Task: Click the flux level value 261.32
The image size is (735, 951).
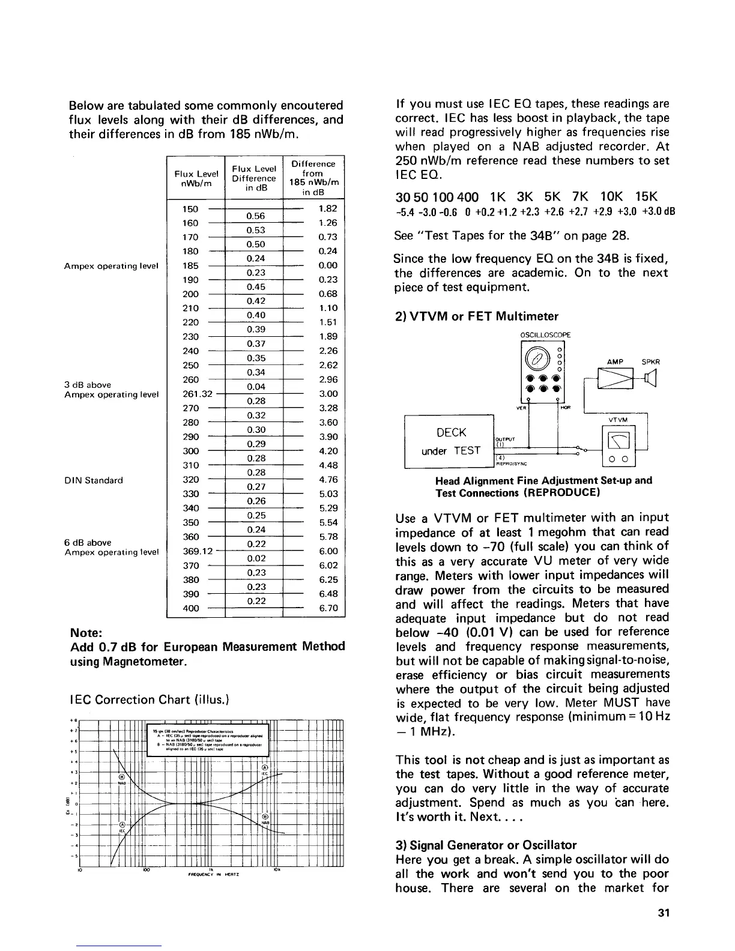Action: pyautogui.click(x=198, y=394)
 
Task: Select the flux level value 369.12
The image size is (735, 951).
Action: pyautogui.click(x=198, y=551)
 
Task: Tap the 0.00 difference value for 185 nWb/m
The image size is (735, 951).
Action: pyautogui.click(x=328, y=265)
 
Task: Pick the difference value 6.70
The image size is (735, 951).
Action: pyautogui.click(x=328, y=608)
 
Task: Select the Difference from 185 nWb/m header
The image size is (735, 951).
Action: pyautogui.click(x=313, y=178)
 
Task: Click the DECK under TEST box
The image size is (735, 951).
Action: pyautogui.click(x=450, y=441)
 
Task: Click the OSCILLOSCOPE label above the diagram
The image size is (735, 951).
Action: pyautogui.click(x=543, y=335)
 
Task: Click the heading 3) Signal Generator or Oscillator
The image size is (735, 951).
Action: pyautogui.click(x=486, y=845)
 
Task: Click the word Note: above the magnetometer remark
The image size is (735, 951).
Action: pyautogui.click(x=88, y=633)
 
